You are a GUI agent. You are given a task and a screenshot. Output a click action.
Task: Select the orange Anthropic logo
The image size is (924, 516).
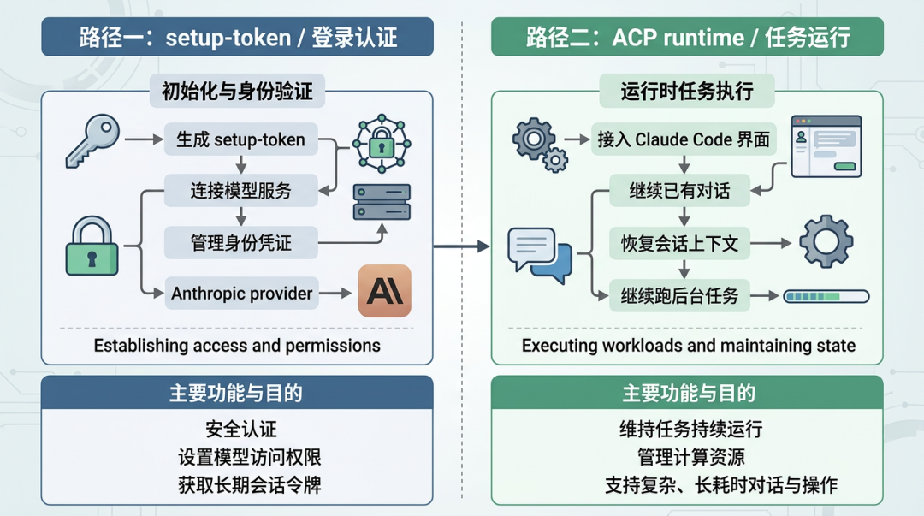click(384, 292)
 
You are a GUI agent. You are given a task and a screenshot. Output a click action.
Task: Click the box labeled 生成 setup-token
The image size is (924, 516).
click(240, 140)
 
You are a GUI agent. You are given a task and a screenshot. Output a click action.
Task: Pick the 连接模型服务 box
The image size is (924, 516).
click(240, 191)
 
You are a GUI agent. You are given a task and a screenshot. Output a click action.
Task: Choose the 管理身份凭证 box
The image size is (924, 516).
click(240, 243)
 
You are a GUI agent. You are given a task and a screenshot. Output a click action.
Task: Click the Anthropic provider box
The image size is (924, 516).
click(241, 294)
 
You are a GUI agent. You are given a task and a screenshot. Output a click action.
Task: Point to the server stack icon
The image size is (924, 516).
click(382, 202)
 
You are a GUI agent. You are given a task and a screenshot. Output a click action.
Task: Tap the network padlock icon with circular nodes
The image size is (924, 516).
click(382, 145)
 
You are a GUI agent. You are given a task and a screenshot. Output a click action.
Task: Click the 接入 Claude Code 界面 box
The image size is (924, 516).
click(684, 139)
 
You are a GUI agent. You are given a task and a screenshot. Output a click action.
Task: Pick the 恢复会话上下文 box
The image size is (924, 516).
click(679, 245)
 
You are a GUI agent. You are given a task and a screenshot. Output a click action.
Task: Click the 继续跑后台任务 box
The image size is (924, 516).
click(679, 297)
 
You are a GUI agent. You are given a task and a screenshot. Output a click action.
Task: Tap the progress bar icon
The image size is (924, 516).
click(826, 297)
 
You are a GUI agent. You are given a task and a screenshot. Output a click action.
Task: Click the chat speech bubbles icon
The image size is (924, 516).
click(539, 254)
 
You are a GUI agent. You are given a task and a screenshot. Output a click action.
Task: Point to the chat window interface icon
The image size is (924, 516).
click(826, 146)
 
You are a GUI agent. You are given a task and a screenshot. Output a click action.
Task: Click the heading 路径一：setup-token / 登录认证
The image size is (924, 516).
click(238, 37)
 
